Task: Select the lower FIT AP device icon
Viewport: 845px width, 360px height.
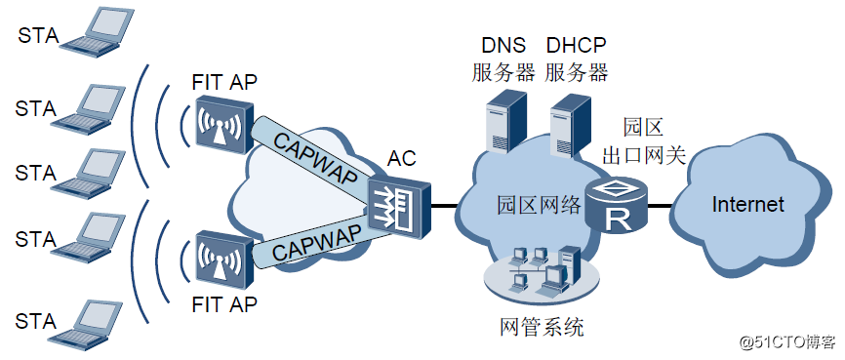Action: (221, 258)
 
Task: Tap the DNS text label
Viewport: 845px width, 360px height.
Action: (503, 45)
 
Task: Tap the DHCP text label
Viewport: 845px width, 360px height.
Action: (577, 45)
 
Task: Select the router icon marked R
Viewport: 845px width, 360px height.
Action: (617, 206)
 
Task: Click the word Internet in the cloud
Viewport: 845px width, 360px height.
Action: (747, 205)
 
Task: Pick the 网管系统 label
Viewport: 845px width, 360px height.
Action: (542, 328)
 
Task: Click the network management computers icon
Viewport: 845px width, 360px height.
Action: (540, 274)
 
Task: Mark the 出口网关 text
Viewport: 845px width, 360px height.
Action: (643, 155)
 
